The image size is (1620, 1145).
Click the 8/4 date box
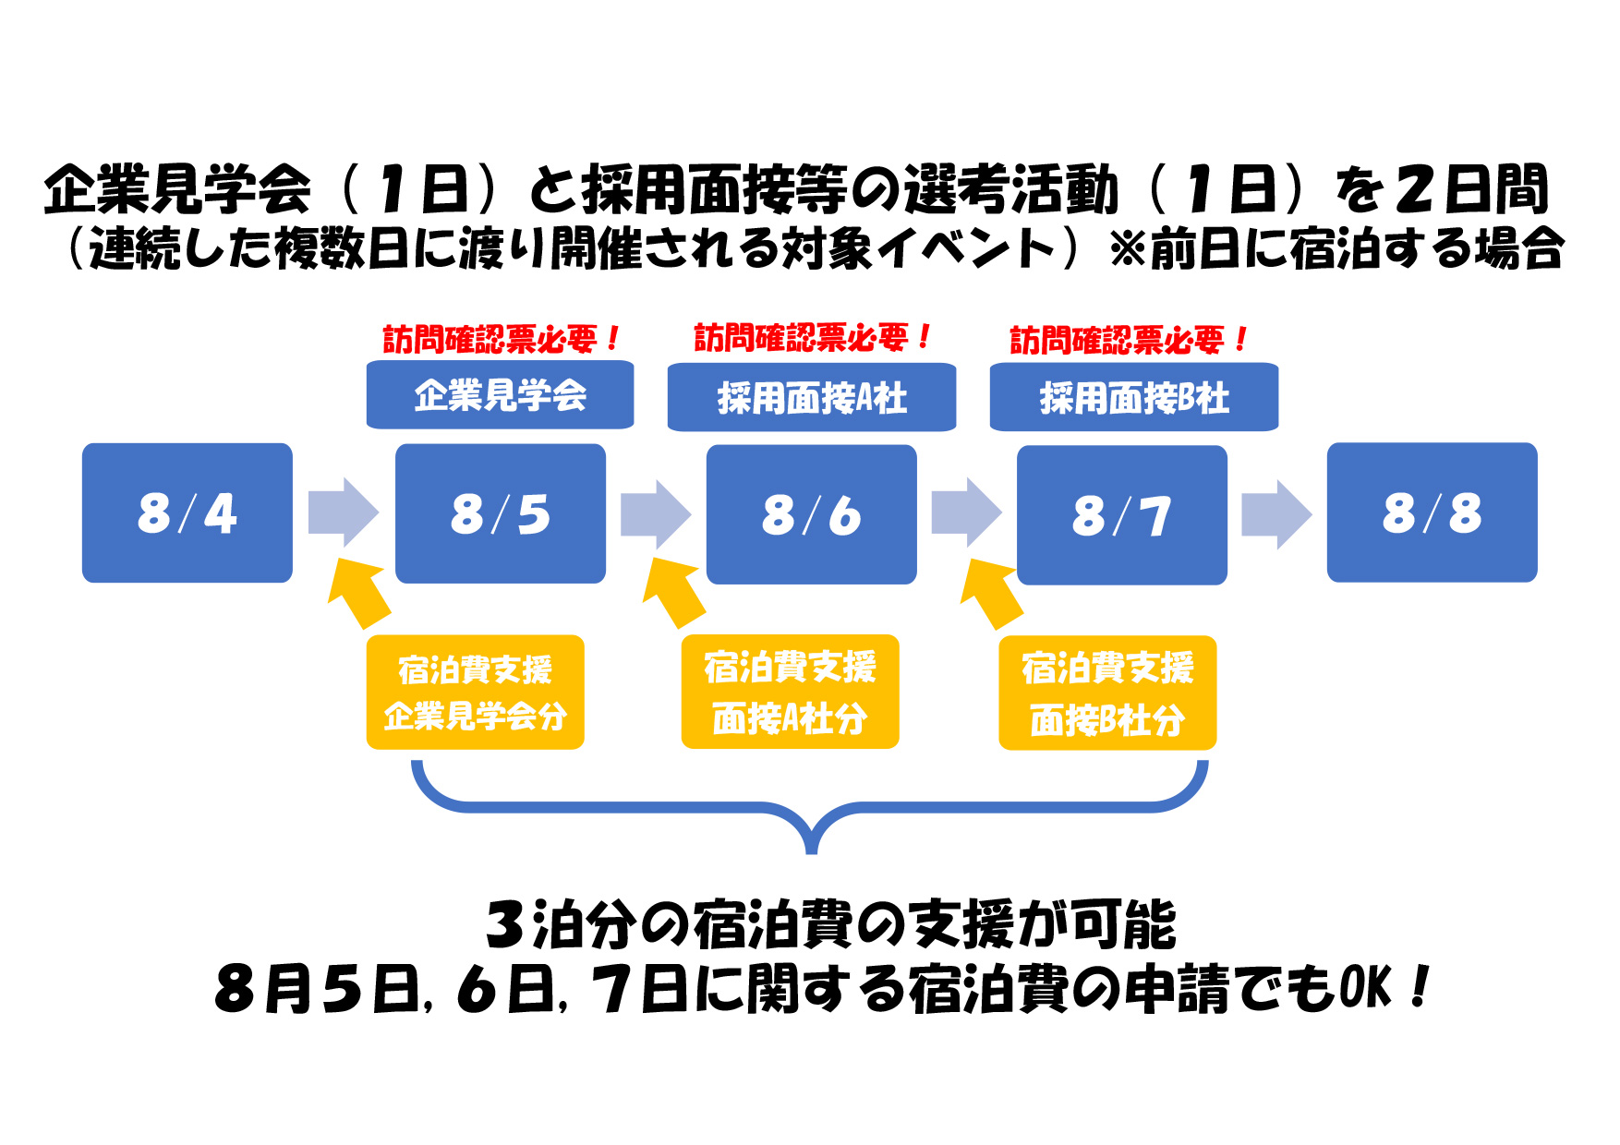[x=187, y=512]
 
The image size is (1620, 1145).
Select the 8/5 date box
[x=501, y=513]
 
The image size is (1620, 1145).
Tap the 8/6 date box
[x=812, y=514]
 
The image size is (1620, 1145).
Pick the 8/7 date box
[x=1122, y=515]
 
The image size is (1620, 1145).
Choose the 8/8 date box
[x=1433, y=512]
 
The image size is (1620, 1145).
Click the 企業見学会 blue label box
[x=500, y=395]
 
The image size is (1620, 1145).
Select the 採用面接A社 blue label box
[x=812, y=397]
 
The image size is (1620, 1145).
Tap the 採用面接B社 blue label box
[x=1134, y=397]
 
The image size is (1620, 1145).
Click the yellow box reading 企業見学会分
[x=476, y=692]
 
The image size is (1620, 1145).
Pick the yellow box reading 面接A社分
[x=790, y=692]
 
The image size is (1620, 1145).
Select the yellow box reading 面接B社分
[x=1107, y=693]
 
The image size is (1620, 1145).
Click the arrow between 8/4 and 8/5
[x=343, y=512]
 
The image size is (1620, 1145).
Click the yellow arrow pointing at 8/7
[x=992, y=594]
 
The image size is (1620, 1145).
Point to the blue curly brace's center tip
[x=811, y=848]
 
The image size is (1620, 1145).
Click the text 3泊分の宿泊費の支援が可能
[x=831, y=925]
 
